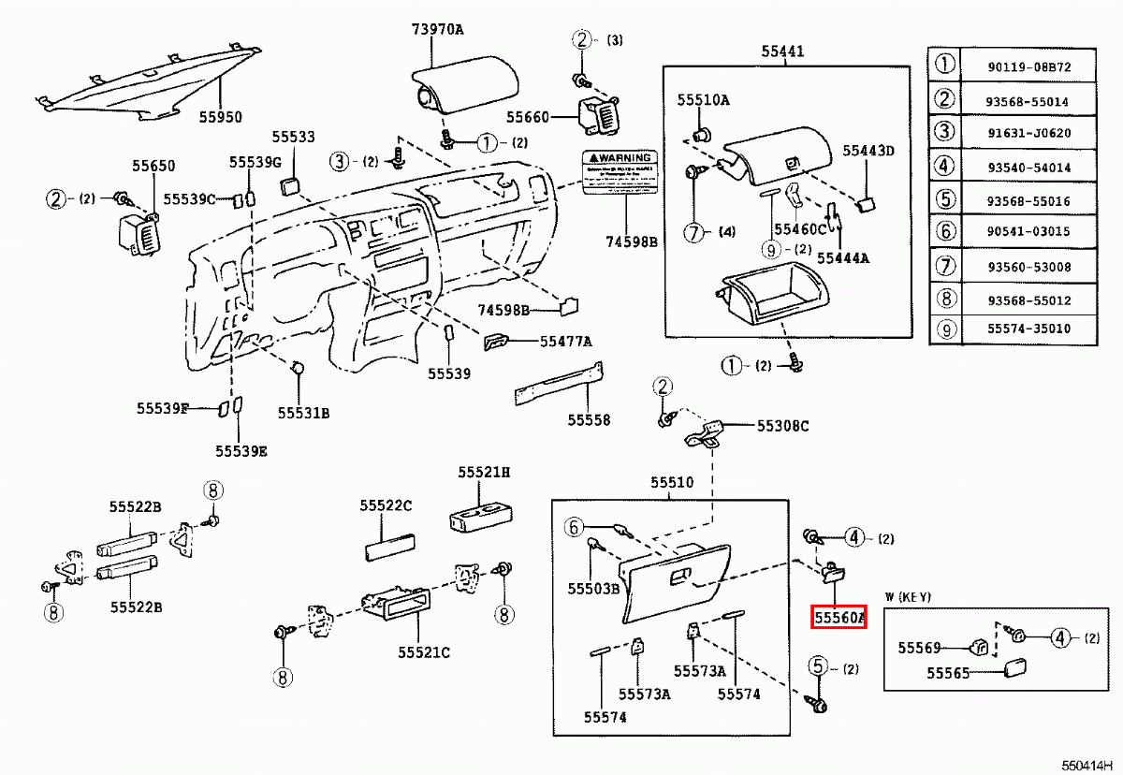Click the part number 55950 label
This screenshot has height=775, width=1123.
pos(220,118)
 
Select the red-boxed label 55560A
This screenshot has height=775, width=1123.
pos(839,618)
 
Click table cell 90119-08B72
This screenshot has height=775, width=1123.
pos(1028,66)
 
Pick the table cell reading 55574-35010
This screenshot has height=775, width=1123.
pos(1028,329)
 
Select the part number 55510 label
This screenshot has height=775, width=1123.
pos(673,483)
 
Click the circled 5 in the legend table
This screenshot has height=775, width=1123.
pos(945,199)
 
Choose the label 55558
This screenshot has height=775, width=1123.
pos(589,420)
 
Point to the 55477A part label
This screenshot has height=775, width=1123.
pos(565,342)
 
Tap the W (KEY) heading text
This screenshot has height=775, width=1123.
pos(908,597)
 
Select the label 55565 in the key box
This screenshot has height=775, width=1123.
pos(948,672)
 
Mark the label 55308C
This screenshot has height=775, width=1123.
pos(783,426)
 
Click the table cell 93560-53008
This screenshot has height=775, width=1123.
pos(1028,267)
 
